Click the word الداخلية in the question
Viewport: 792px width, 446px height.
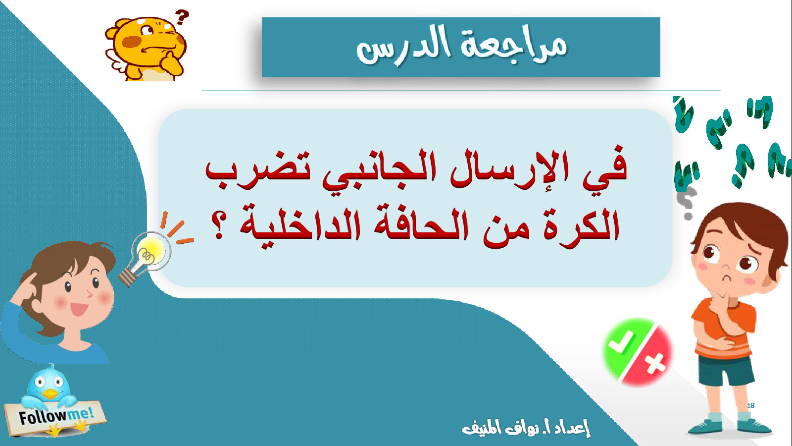click(300, 226)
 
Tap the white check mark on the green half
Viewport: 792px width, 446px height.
click(621, 341)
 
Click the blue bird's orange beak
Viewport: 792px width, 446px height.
click(49, 394)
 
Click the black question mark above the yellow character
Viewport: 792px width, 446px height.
click(182, 17)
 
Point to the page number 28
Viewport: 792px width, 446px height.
click(750, 405)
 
